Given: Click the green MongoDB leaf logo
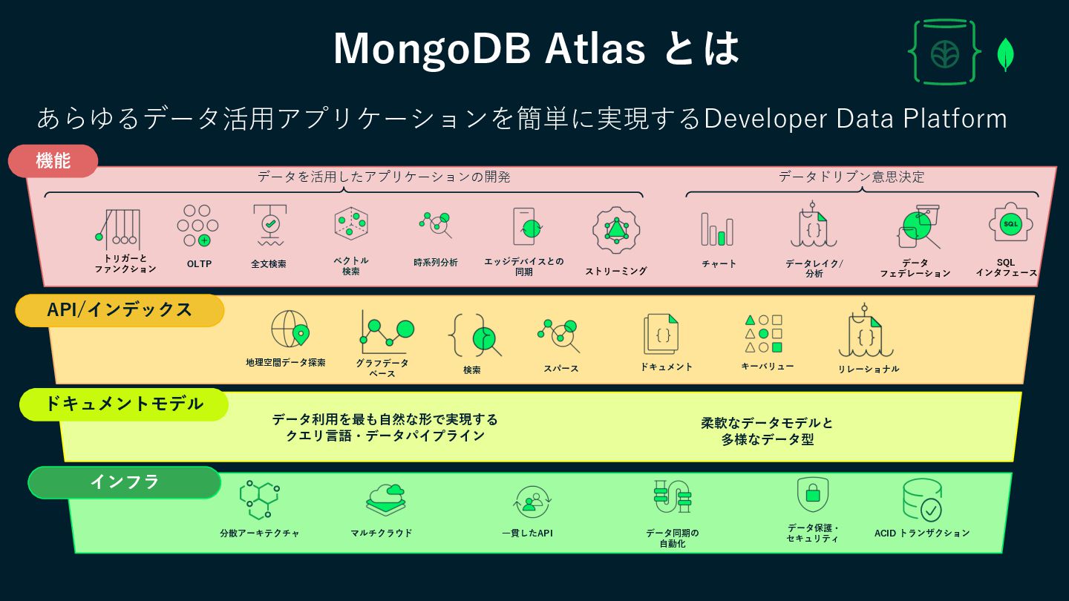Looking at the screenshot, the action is click(1006, 54).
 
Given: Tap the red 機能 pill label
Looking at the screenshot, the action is click(53, 161).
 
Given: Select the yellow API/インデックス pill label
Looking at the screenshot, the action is click(120, 310).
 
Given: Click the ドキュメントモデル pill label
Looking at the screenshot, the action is click(123, 404).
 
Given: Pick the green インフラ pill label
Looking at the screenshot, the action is click(124, 482).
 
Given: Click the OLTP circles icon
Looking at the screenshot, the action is click(197, 226).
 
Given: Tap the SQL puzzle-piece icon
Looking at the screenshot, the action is click(1010, 223).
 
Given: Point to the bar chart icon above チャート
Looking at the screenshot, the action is click(717, 229).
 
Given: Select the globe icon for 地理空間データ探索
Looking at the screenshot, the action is click(290, 329).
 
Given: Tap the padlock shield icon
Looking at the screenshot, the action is click(812, 494).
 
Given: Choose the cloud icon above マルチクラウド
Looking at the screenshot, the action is click(386, 499).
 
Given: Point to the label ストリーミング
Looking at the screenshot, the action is click(616, 271).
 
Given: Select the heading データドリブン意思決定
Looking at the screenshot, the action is click(851, 177).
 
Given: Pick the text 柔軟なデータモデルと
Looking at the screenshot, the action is click(767, 423).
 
